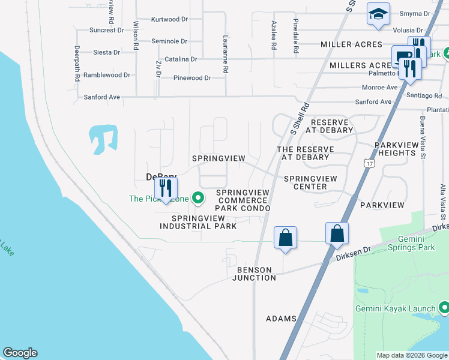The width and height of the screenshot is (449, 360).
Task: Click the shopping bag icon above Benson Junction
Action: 286,237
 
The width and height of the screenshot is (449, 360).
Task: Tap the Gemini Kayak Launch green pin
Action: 444,309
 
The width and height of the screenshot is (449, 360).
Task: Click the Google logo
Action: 20,353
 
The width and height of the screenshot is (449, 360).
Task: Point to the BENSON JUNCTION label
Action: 254,274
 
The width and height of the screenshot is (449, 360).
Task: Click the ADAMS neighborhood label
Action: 281,318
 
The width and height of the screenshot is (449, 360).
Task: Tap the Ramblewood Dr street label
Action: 106,75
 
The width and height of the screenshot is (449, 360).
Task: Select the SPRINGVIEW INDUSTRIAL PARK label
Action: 198,222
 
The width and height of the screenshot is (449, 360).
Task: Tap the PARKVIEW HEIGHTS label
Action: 395,149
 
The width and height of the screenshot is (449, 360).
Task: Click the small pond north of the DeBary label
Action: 103,137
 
